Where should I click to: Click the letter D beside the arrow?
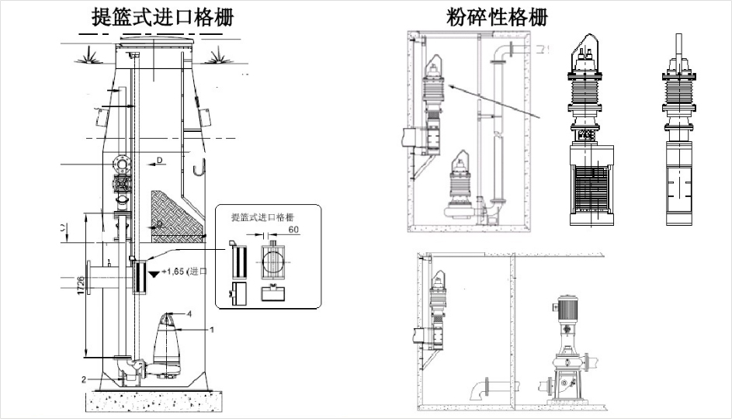point(159,161)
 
